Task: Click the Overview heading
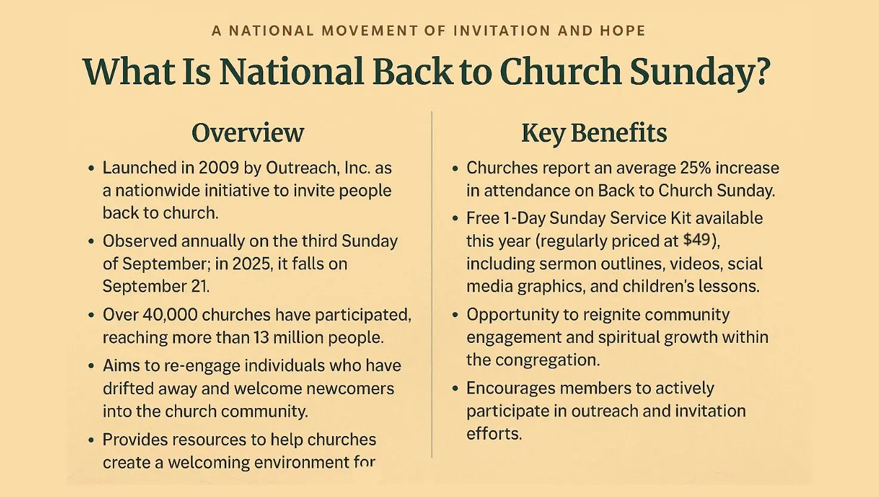(x=248, y=133)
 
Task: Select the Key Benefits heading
(x=594, y=133)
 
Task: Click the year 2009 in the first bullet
(x=219, y=168)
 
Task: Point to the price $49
(x=697, y=240)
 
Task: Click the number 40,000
(x=170, y=315)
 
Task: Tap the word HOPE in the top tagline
(x=622, y=30)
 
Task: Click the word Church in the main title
(x=561, y=72)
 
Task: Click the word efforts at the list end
(x=494, y=434)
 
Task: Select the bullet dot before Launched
(x=91, y=168)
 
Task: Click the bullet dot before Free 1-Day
(x=455, y=218)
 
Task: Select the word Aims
(x=121, y=366)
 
